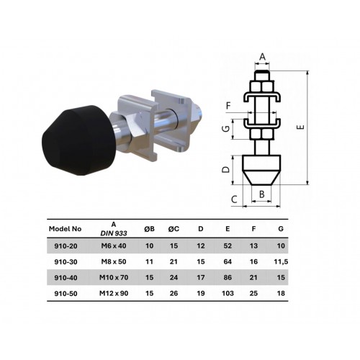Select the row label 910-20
[x=66, y=246]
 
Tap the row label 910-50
[x=66, y=294]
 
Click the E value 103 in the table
[x=228, y=294]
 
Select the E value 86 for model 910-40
[x=228, y=278]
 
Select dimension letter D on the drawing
[x=225, y=170]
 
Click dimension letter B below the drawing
[x=262, y=194]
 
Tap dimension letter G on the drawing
[x=225, y=130]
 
